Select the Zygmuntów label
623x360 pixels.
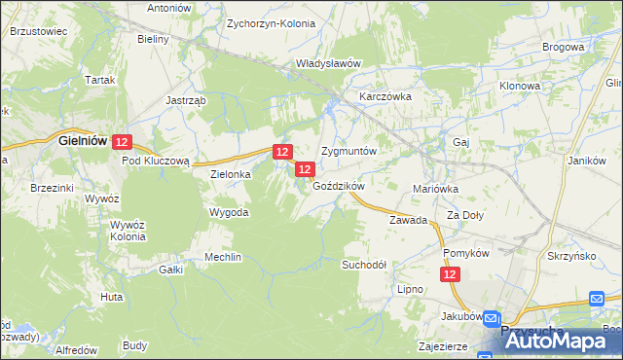pyautogui.click(x=348, y=153)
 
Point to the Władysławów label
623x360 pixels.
pyautogui.click(x=329, y=63)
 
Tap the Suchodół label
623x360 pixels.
pyautogui.click(x=364, y=265)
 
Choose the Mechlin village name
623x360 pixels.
pyautogui.click(x=223, y=257)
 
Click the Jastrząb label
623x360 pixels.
pyautogui.click(x=185, y=100)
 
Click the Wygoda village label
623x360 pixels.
pyautogui.click(x=230, y=212)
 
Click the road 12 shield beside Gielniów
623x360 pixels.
pyautogui.click(x=122, y=142)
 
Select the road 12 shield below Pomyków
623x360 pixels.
pyautogui.click(x=449, y=276)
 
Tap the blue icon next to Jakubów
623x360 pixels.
pyautogui.click(x=494, y=318)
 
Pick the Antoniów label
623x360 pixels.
pyautogui.click(x=168, y=7)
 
